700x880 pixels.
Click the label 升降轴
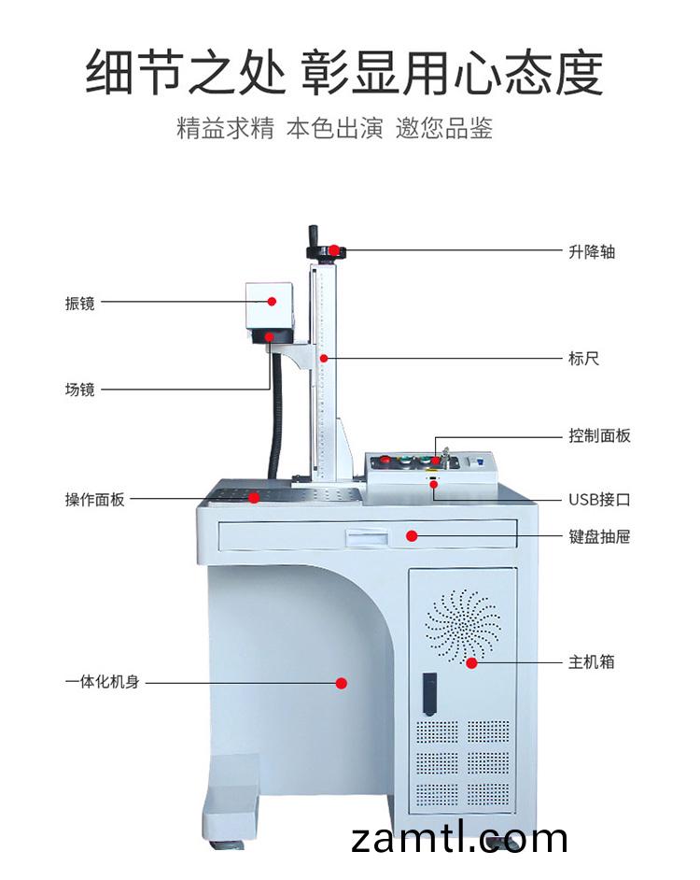[x=591, y=251]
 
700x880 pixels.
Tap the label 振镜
[x=79, y=303]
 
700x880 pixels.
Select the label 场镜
[x=79, y=390]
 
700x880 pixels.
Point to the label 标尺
[x=583, y=358]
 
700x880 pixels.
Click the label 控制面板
[x=599, y=435]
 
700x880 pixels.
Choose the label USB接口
[x=599, y=499]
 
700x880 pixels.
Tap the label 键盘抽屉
[x=599, y=536]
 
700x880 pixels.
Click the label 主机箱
[x=591, y=661]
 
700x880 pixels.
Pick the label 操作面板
[x=94, y=499]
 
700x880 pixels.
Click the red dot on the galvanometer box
[x=272, y=301]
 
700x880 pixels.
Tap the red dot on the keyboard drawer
[x=411, y=535]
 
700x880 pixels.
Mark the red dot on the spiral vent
[x=471, y=662]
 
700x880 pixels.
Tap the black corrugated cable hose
[x=275, y=420]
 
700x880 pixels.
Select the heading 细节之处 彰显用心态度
[x=343, y=73]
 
